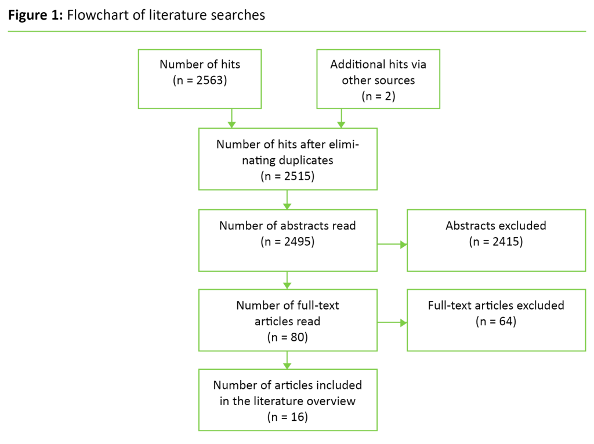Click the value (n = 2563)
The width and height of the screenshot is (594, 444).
200,81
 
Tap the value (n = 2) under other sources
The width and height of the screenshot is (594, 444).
378,96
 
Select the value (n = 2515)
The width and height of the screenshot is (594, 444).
288,176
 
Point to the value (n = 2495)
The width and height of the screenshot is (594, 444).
288,241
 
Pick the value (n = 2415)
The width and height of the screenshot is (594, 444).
496,241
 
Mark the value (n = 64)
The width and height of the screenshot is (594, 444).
496,321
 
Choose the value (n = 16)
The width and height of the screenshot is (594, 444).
288,416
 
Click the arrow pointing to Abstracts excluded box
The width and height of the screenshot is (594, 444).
392,244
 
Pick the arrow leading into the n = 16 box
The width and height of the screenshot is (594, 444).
287,360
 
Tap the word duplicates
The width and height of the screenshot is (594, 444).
307,160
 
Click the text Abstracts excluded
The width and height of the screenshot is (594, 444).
496,225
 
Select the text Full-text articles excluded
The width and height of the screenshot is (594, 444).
496,305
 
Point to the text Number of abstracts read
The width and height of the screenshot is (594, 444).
288,225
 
